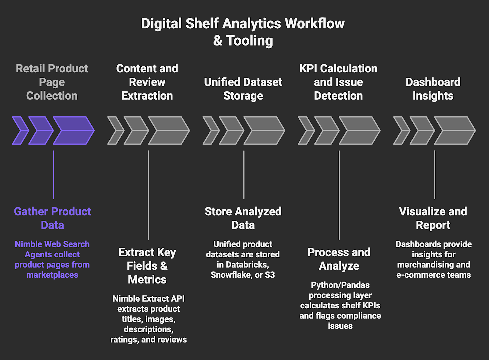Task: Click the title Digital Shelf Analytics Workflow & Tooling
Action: (x=243, y=32)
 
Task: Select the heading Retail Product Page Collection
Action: (x=52, y=82)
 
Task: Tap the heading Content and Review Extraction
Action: (x=147, y=82)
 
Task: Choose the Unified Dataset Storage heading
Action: (x=243, y=89)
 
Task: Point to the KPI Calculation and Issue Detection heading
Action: (x=338, y=82)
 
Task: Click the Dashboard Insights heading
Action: (x=433, y=89)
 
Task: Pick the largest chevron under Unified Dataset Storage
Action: (x=264, y=130)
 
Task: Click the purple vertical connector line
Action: (x=53, y=174)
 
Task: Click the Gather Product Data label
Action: (x=53, y=218)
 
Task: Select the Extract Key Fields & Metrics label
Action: (x=147, y=266)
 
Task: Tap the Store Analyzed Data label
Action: (x=243, y=218)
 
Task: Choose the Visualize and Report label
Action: (x=433, y=218)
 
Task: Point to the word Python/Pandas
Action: (x=340, y=285)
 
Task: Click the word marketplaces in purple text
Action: (x=52, y=275)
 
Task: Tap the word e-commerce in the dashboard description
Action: (x=417, y=275)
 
